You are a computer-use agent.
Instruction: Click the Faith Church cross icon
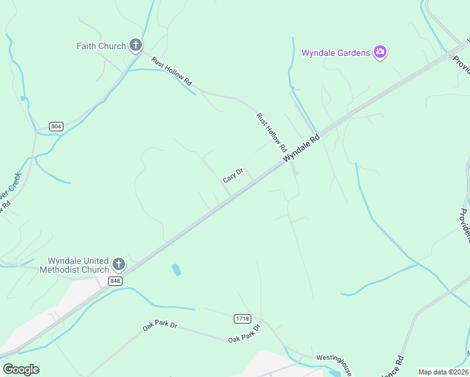(x=135, y=45)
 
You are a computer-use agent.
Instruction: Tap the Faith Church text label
(x=101, y=46)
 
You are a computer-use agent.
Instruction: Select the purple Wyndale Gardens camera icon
(x=380, y=52)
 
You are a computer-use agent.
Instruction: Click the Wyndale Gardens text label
(x=336, y=53)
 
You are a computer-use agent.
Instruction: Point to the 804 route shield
(x=56, y=126)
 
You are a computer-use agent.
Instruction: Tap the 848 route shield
(x=115, y=281)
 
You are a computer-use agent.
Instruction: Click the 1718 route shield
(x=242, y=319)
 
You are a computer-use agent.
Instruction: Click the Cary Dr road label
(x=232, y=175)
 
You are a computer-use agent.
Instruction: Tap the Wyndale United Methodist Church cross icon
(x=119, y=262)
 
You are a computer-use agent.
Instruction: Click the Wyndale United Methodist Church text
(x=74, y=266)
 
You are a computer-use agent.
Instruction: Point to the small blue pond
(x=177, y=270)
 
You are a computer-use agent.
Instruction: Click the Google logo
(x=21, y=369)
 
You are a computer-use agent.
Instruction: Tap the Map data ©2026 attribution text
(x=443, y=372)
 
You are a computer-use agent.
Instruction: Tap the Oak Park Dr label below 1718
(x=244, y=334)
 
